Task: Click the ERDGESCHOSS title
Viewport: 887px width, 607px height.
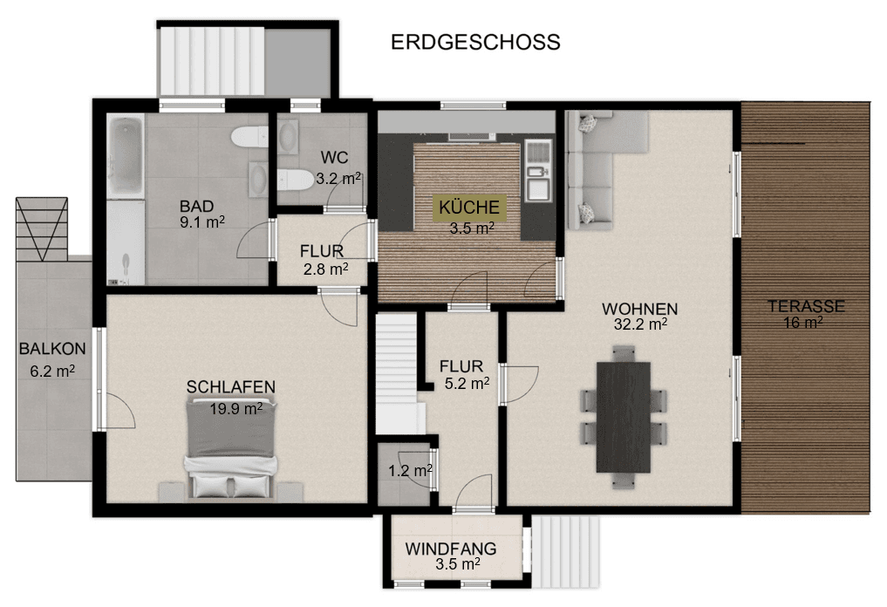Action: [x=474, y=42]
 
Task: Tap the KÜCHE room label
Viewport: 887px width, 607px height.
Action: [x=470, y=208]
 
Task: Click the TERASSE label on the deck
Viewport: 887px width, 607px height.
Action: [x=806, y=306]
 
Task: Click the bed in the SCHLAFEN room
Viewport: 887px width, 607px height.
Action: [x=231, y=449]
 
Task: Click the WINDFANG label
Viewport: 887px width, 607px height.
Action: [x=451, y=549]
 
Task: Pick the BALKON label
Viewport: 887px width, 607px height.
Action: [x=52, y=349]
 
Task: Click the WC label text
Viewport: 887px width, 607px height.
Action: [x=335, y=158]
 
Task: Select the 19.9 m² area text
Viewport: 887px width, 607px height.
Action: [x=235, y=407]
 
